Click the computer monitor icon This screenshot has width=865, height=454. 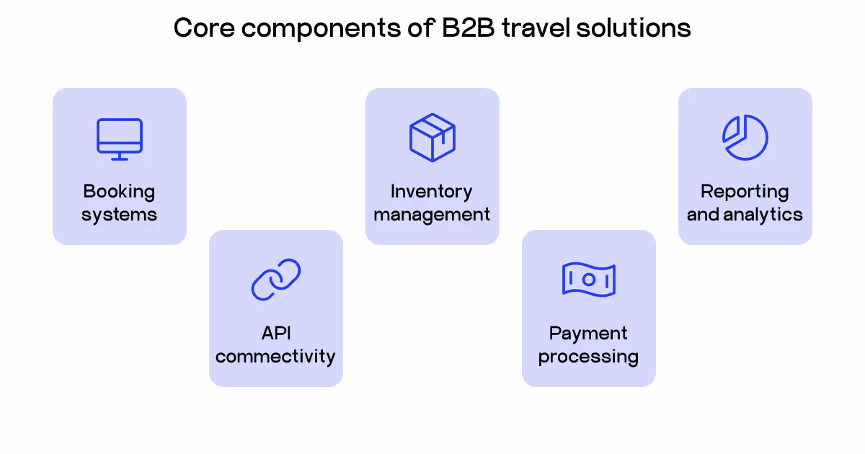120,138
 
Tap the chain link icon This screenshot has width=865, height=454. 276,280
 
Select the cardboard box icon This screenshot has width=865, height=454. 432,137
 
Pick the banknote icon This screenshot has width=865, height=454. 588,280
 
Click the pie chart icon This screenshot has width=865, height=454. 745,137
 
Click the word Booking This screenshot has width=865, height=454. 119,192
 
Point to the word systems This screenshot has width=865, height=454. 119,214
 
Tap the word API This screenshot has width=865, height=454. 276,333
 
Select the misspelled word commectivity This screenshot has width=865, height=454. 276,356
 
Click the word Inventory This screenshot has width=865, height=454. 432,192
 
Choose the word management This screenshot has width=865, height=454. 432,214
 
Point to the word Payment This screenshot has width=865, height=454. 588,334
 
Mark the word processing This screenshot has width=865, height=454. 588,357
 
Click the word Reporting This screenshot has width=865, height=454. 745,192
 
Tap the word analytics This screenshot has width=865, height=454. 767,214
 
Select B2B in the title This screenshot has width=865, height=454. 471,28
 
